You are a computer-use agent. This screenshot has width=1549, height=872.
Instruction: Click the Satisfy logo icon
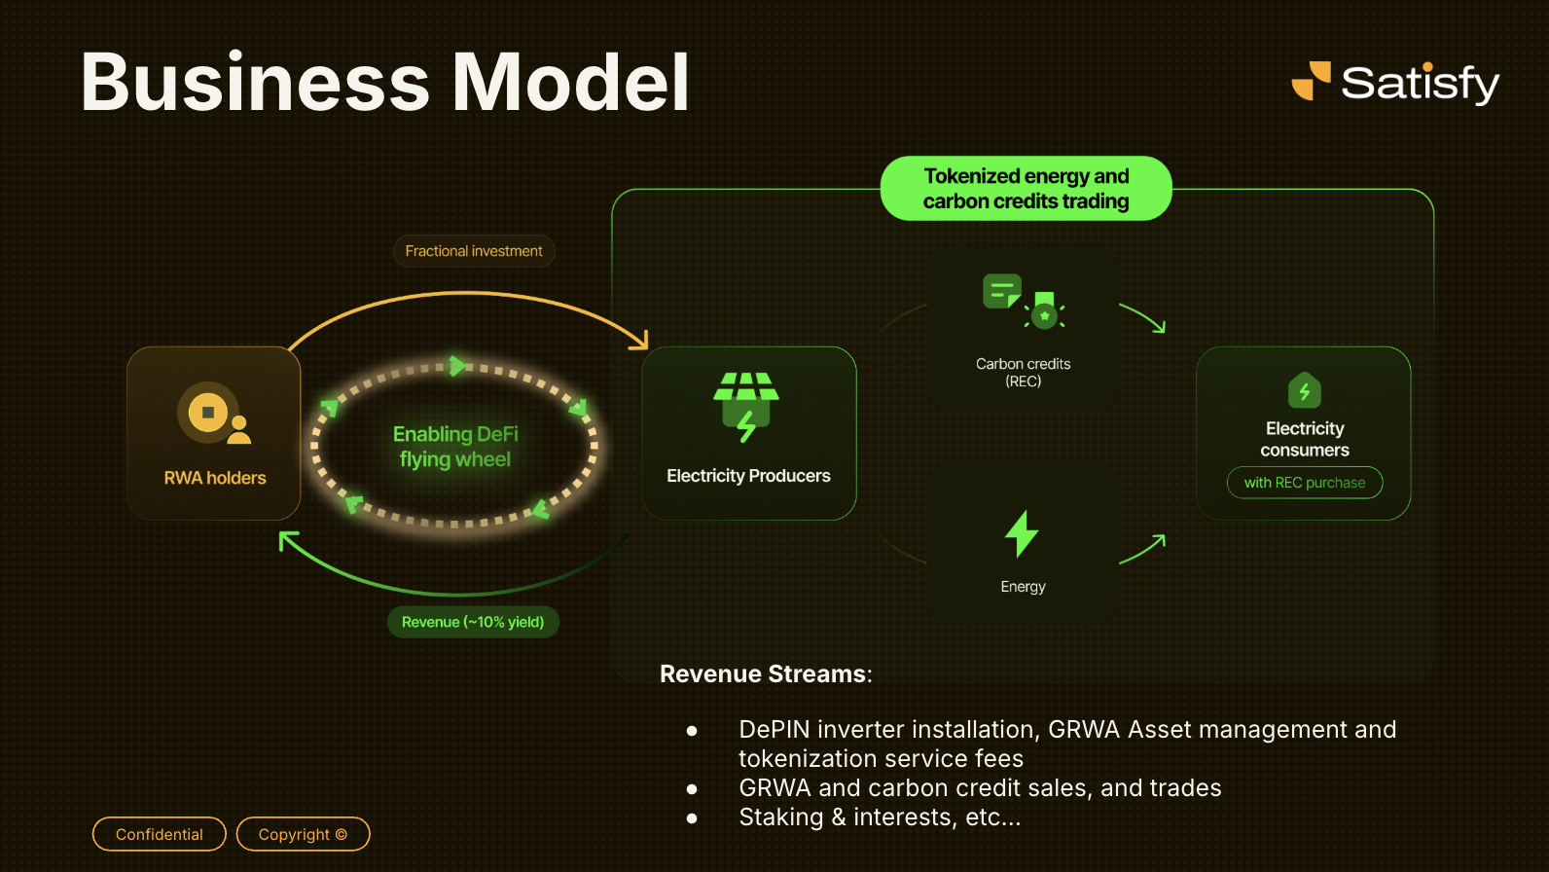point(1311,81)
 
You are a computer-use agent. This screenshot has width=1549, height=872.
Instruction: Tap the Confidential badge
point(160,834)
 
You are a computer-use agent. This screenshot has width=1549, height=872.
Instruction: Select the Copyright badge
point(303,834)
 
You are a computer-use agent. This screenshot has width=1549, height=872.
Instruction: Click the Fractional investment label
point(474,251)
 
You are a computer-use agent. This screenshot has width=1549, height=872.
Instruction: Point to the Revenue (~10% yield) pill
point(473,622)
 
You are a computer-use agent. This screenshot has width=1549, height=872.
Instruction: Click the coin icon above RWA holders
point(208,413)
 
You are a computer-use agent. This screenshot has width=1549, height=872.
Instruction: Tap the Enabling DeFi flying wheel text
point(455,447)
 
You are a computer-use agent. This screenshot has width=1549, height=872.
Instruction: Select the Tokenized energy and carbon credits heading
point(1026,189)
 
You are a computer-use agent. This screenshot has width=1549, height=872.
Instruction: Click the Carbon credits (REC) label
point(1023,372)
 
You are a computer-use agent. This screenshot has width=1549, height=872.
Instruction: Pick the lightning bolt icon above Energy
point(1022,533)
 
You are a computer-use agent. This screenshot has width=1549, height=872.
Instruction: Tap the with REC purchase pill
point(1305,483)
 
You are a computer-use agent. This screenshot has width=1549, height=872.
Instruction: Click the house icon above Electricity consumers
point(1305,390)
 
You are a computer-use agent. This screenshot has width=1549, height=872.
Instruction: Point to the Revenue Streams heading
point(766,673)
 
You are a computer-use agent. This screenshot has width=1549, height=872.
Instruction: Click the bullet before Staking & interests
point(692,818)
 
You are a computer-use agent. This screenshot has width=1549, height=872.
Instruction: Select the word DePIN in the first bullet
point(774,730)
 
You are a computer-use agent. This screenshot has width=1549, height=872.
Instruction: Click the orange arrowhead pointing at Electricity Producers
point(639,341)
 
